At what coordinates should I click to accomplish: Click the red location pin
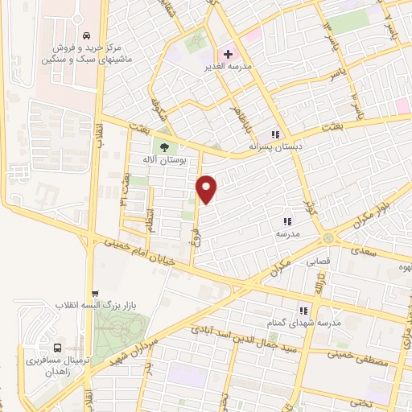coord(208,187)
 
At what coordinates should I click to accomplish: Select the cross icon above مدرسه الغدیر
coord(229,53)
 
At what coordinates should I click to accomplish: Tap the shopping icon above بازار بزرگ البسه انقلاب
coord(96,293)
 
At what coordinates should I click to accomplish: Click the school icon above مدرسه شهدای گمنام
coord(303,310)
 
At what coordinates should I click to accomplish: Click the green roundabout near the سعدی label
coord(328,239)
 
